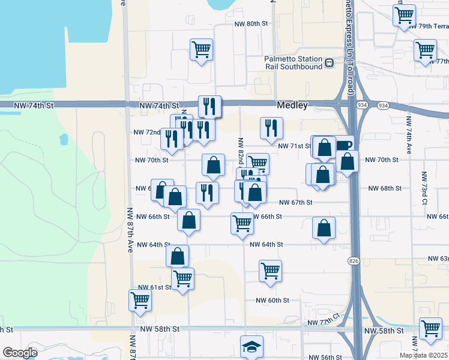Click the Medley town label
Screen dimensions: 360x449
point(292,106)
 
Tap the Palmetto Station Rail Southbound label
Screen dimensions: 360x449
point(294,62)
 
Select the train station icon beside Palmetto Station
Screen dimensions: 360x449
point(329,62)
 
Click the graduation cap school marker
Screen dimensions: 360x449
point(252,347)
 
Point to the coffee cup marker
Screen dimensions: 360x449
point(344,145)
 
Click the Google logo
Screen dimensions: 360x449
point(19,353)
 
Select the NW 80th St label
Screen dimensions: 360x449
point(250,24)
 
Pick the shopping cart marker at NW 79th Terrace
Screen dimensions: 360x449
point(405,15)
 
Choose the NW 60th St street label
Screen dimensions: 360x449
point(273,300)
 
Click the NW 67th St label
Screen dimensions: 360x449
point(296,203)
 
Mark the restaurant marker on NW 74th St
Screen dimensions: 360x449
point(209,107)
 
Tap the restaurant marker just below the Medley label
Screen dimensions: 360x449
point(271,128)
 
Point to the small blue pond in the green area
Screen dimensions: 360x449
point(64,140)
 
